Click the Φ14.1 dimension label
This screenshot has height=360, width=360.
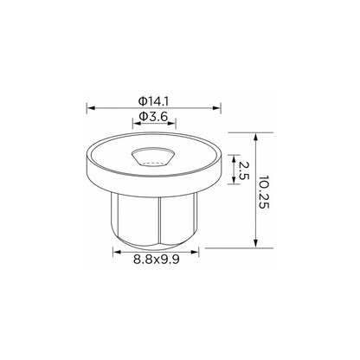pos(153,101)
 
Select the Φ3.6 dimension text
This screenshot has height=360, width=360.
pos(153,117)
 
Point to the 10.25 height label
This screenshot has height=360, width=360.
pos(264,192)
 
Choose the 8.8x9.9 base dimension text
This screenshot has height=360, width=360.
pos(157,260)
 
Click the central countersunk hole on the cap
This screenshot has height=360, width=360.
pos(153,157)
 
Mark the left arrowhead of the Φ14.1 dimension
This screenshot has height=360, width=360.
pos(91,108)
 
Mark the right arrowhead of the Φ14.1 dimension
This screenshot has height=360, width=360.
pos(216,108)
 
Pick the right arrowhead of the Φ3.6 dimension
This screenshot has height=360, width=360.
pos(172,123)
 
